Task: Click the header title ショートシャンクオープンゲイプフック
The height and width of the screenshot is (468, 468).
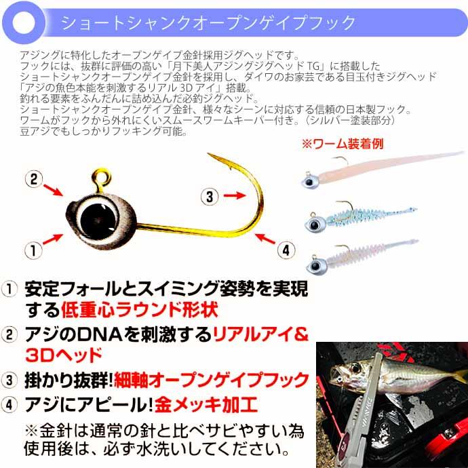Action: (208, 22)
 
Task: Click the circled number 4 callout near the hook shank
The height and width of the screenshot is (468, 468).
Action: (288, 249)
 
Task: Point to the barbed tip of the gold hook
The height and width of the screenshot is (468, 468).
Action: (212, 159)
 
